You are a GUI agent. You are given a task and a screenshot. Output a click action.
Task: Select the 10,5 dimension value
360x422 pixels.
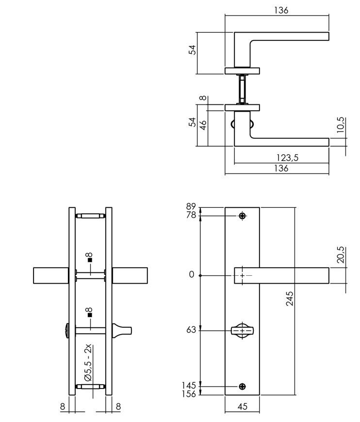[341, 125]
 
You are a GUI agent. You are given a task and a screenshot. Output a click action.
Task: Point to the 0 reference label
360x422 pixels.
[192, 275]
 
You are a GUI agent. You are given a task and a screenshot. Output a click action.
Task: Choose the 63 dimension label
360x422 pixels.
[191, 330]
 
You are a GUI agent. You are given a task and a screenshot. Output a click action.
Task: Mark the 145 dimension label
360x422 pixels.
[189, 386]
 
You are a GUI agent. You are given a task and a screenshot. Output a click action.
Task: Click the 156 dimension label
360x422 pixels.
[189, 394]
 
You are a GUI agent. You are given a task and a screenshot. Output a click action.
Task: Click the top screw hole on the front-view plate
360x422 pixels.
[243, 216]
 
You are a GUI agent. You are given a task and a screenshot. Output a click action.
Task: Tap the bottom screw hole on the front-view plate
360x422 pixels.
[243, 387]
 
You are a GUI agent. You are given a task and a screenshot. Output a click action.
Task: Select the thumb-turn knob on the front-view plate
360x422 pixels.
[243, 331]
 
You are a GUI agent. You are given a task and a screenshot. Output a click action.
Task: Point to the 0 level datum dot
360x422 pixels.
[200, 275]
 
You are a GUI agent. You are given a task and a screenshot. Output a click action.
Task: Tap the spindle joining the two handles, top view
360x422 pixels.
[242, 89]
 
